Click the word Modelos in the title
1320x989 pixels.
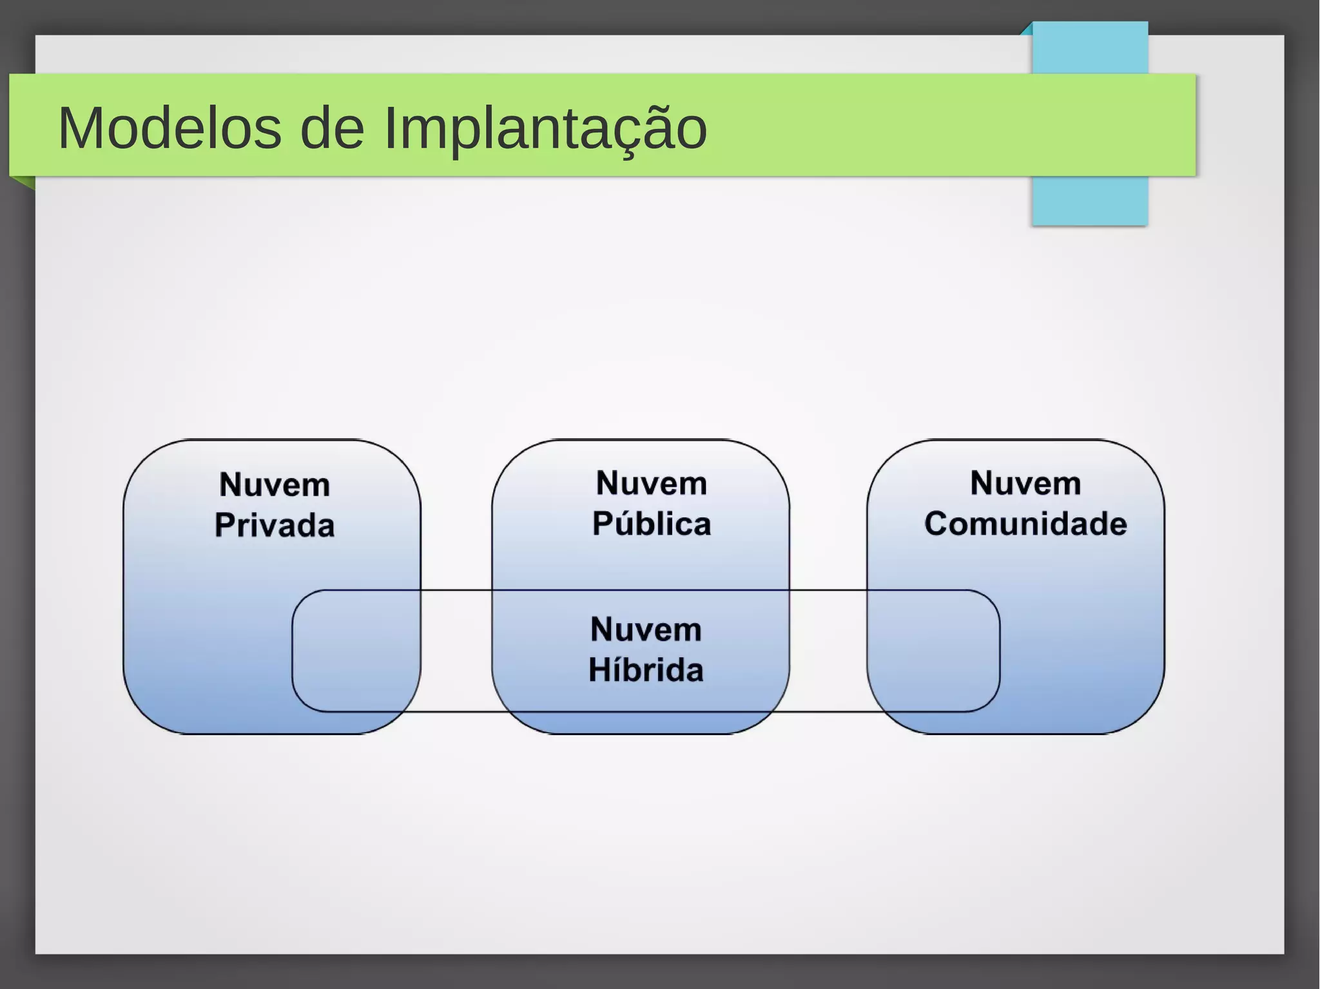click(x=170, y=128)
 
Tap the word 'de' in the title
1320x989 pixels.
click(x=332, y=128)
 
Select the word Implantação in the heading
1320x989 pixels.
click(x=545, y=130)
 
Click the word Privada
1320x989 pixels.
click(x=275, y=525)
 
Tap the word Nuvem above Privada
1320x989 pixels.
click(x=275, y=485)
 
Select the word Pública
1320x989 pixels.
click(x=652, y=524)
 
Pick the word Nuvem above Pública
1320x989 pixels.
click(x=652, y=483)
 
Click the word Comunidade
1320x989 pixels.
click(x=1025, y=524)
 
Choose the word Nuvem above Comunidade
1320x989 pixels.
click(x=1025, y=483)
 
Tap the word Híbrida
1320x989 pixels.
click(x=646, y=670)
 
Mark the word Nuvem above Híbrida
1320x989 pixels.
click(x=646, y=629)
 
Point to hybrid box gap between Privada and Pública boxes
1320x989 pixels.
click(x=456, y=651)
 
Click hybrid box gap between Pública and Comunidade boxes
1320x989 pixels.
click(x=828, y=651)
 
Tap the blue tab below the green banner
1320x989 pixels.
click(x=1090, y=200)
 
